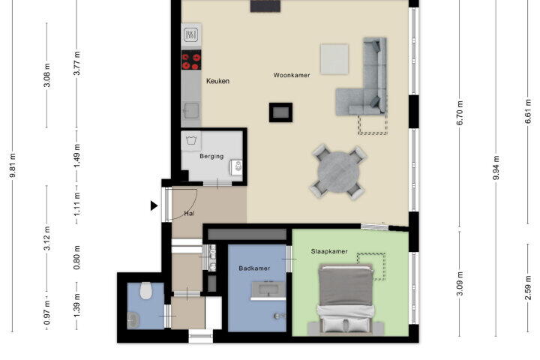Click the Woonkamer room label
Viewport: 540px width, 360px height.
pyautogui.click(x=292, y=75)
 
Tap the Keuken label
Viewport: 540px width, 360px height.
pyautogui.click(x=217, y=81)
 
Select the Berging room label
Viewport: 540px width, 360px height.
pyautogui.click(x=211, y=156)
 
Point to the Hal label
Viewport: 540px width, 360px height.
pyautogui.click(x=189, y=213)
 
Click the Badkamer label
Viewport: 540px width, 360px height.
pyautogui.click(x=254, y=268)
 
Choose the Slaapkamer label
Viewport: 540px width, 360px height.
pyautogui.click(x=329, y=251)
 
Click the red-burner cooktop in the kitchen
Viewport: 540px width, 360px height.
pyautogui.click(x=191, y=60)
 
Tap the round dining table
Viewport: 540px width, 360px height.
pyautogui.click(x=338, y=172)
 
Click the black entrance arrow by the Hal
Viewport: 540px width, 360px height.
pyautogui.click(x=154, y=205)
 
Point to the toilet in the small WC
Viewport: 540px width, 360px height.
pyautogui.click(x=146, y=290)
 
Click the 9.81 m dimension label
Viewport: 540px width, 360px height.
pyautogui.click(x=13, y=166)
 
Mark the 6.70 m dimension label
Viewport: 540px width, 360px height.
pyautogui.click(x=460, y=113)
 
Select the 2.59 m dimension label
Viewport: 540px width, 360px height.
pyautogui.click(x=528, y=288)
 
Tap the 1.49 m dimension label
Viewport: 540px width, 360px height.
pyautogui.click(x=77, y=156)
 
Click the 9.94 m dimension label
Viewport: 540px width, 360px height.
pyautogui.click(x=496, y=167)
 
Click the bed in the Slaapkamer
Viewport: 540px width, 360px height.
pyautogui.click(x=346, y=299)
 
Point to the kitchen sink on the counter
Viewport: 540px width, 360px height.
pyautogui.click(x=190, y=110)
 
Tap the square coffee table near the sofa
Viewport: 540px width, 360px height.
pyautogui.click(x=334, y=59)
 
